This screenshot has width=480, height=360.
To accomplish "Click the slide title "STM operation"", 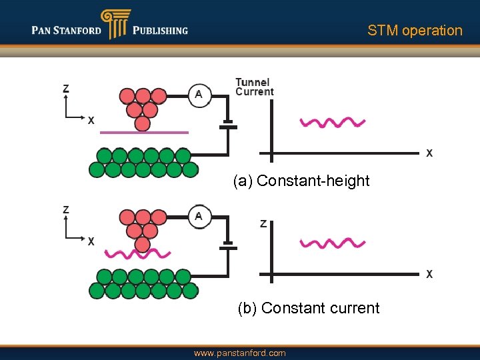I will click(415, 31).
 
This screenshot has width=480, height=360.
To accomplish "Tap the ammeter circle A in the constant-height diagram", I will click(199, 95).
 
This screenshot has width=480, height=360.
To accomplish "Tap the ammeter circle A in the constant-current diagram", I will click(199, 217).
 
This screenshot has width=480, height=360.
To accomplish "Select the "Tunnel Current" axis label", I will click(254, 87).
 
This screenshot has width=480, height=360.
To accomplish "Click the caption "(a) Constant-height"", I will click(301, 181).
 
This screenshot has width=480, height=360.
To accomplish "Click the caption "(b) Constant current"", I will click(309, 308).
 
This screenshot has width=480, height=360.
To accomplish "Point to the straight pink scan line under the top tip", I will click(144, 133).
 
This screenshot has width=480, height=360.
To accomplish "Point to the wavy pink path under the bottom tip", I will click(139, 254).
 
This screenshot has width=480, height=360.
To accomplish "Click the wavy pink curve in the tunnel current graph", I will click(333, 122).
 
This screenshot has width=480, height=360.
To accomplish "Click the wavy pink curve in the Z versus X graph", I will click(333, 243).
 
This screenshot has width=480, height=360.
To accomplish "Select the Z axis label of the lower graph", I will click(263, 224).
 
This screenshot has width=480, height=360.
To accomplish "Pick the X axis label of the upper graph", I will click(429, 153).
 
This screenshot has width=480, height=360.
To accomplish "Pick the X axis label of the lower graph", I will click(429, 275).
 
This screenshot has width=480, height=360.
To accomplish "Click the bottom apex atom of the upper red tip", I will click(142, 123).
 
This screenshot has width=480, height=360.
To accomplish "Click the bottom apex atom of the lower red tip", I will click(142, 245).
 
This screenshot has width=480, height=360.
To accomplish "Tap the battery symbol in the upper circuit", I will click(228, 125).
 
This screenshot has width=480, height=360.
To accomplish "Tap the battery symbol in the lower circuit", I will click(228, 246).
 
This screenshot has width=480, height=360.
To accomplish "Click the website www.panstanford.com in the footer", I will click(239, 353).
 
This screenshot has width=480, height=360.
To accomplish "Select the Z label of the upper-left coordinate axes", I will click(66, 89).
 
